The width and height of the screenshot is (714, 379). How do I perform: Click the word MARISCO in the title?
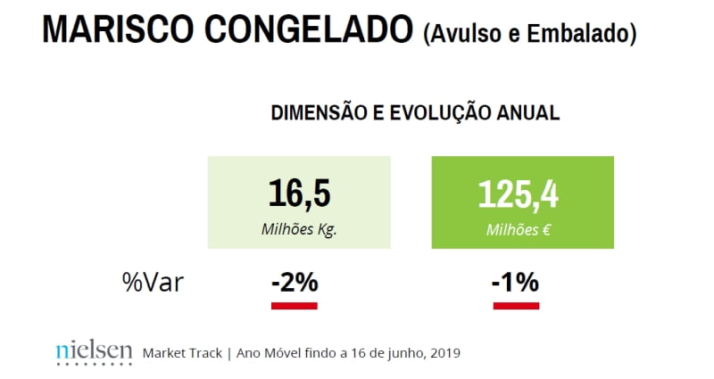(x=118, y=29)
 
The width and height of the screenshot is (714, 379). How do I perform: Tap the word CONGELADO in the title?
(x=309, y=29)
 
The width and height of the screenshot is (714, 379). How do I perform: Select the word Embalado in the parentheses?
(x=578, y=34)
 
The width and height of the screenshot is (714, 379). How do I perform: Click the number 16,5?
(x=299, y=194)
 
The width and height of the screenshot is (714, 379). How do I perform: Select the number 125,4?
(x=518, y=194)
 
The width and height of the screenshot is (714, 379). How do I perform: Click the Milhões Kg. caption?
(x=299, y=229)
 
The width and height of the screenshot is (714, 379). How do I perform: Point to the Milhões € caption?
(x=519, y=229)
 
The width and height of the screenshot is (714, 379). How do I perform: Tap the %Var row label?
(x=153, y=282)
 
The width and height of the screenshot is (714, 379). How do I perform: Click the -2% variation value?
(x=295, y=282)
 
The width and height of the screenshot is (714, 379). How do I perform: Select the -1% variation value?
(x=516, y=282)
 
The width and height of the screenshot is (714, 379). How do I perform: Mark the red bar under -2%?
(x=295, y=306)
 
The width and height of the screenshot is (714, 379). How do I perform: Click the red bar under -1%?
(x=517, y=306)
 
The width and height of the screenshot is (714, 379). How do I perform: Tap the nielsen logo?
(x=95, y=353)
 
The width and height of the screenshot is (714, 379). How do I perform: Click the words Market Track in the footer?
(x=182, y=353)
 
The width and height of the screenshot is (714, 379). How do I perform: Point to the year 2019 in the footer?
(x=444, y=353)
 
